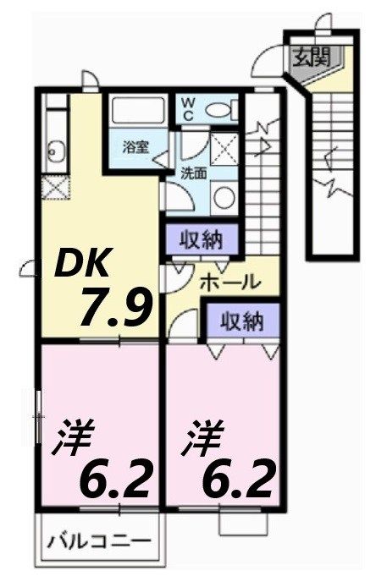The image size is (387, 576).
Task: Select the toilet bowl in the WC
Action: coord(220,109)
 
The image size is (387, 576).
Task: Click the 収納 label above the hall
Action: coord(201,240)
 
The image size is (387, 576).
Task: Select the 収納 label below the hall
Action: coord(242,321)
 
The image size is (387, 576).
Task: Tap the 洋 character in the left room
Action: coord(74,438)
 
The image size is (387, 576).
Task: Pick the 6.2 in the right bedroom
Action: coord(238,479)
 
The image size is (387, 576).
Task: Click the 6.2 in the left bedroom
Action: coord(116,479)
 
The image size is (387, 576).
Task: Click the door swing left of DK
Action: coord(27,270)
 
